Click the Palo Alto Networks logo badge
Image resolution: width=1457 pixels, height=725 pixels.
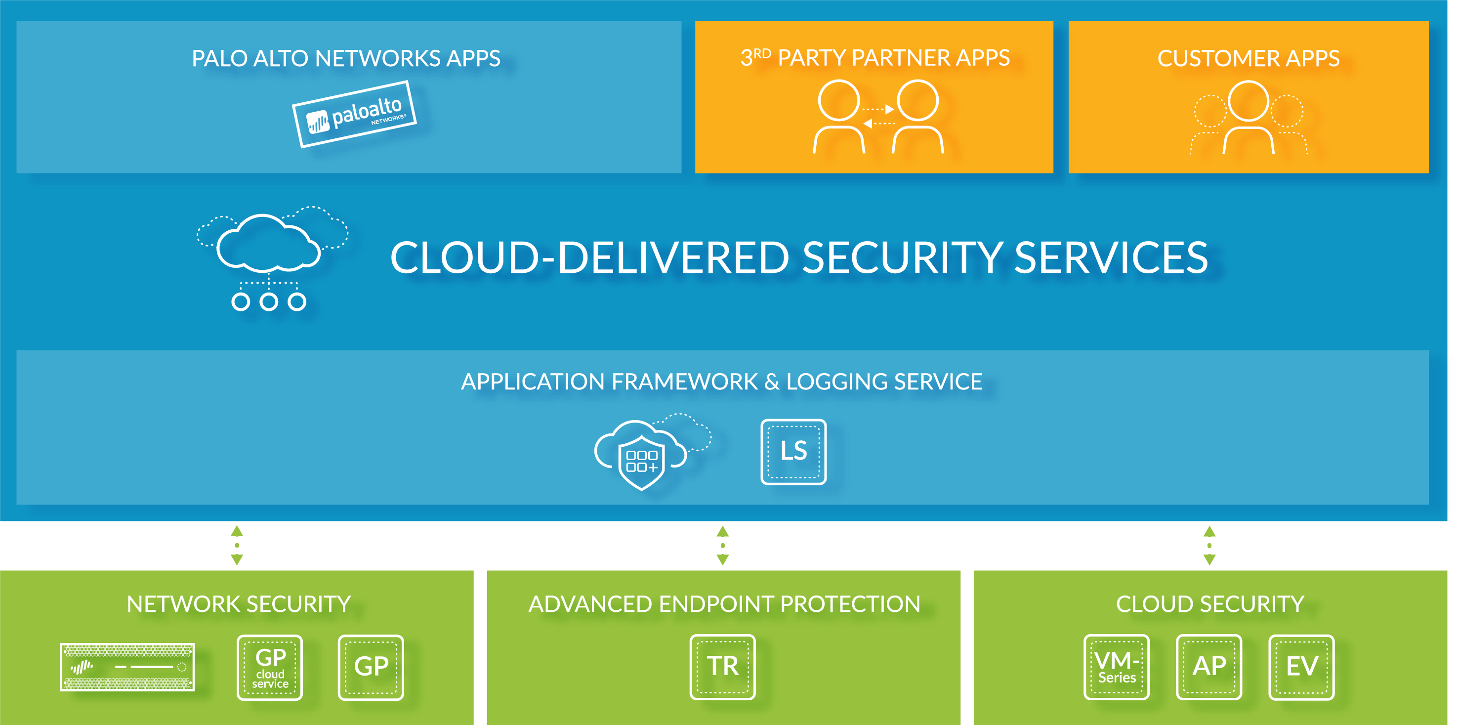(x=355, y=114)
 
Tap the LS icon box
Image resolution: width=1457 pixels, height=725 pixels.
(x=793, y=452)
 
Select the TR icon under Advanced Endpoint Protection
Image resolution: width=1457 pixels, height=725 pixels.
(x=722, y=667)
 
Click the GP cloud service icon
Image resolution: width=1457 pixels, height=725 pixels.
(x=270, y=667)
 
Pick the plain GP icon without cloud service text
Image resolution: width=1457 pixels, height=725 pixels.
(x=371, y=667)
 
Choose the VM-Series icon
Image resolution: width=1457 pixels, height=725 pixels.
(x=1117, y=667)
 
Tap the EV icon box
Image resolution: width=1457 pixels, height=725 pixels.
(x=1301, y=667)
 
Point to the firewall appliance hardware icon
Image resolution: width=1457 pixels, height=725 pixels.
(x=127, y=667)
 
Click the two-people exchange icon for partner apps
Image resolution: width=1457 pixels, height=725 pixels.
(x=878, y=117)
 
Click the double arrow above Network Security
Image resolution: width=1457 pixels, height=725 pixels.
(x=237, y=545)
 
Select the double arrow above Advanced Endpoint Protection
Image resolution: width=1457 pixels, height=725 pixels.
(x=722, y=545)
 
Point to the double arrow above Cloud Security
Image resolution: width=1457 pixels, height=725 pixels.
(x=1209, y=545)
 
